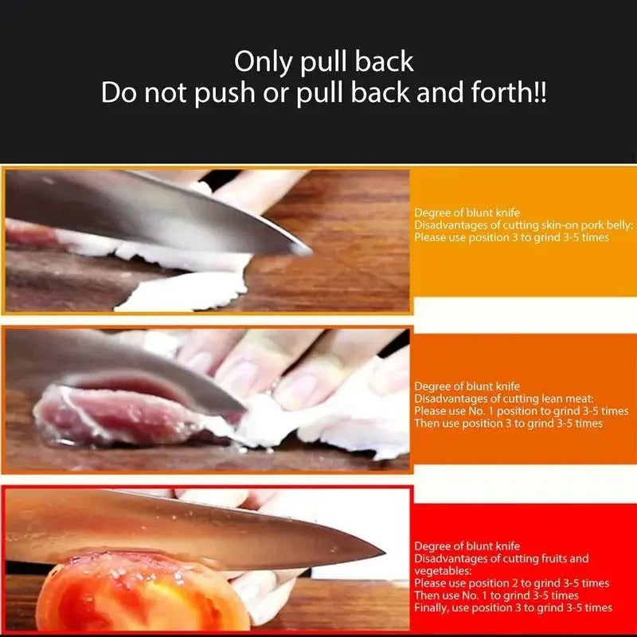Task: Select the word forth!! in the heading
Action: [504, 94]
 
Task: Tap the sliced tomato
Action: [135, 593]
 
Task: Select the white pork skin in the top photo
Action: [183, 291]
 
